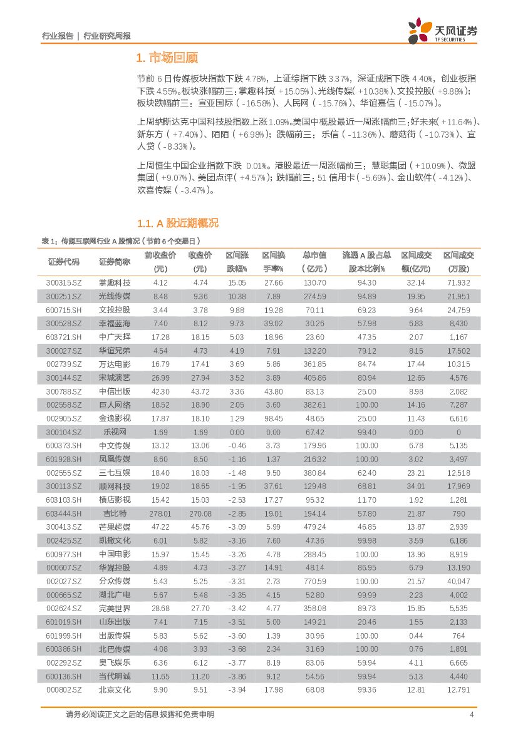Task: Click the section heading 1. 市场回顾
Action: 167,58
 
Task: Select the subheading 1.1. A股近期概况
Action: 177,224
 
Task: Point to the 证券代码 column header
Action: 64,262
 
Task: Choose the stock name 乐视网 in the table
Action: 115,432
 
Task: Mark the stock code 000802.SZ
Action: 64,689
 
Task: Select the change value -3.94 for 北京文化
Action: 237,689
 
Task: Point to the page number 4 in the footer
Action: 471,714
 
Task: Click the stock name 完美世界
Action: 115,608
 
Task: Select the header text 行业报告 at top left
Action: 57,36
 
